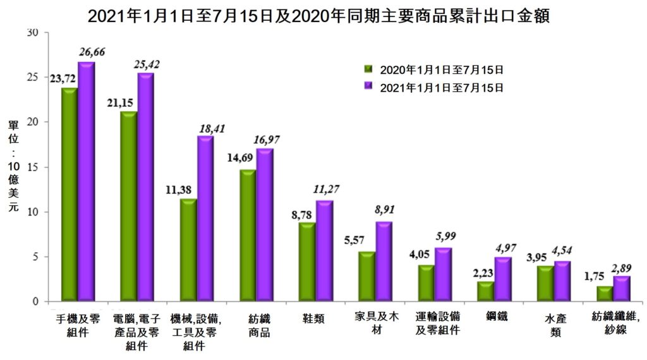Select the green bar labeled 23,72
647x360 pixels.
[69, 194]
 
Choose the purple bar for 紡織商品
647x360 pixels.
[264, 225]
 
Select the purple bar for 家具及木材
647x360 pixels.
[384, 261]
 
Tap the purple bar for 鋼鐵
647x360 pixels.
[502, 279]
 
